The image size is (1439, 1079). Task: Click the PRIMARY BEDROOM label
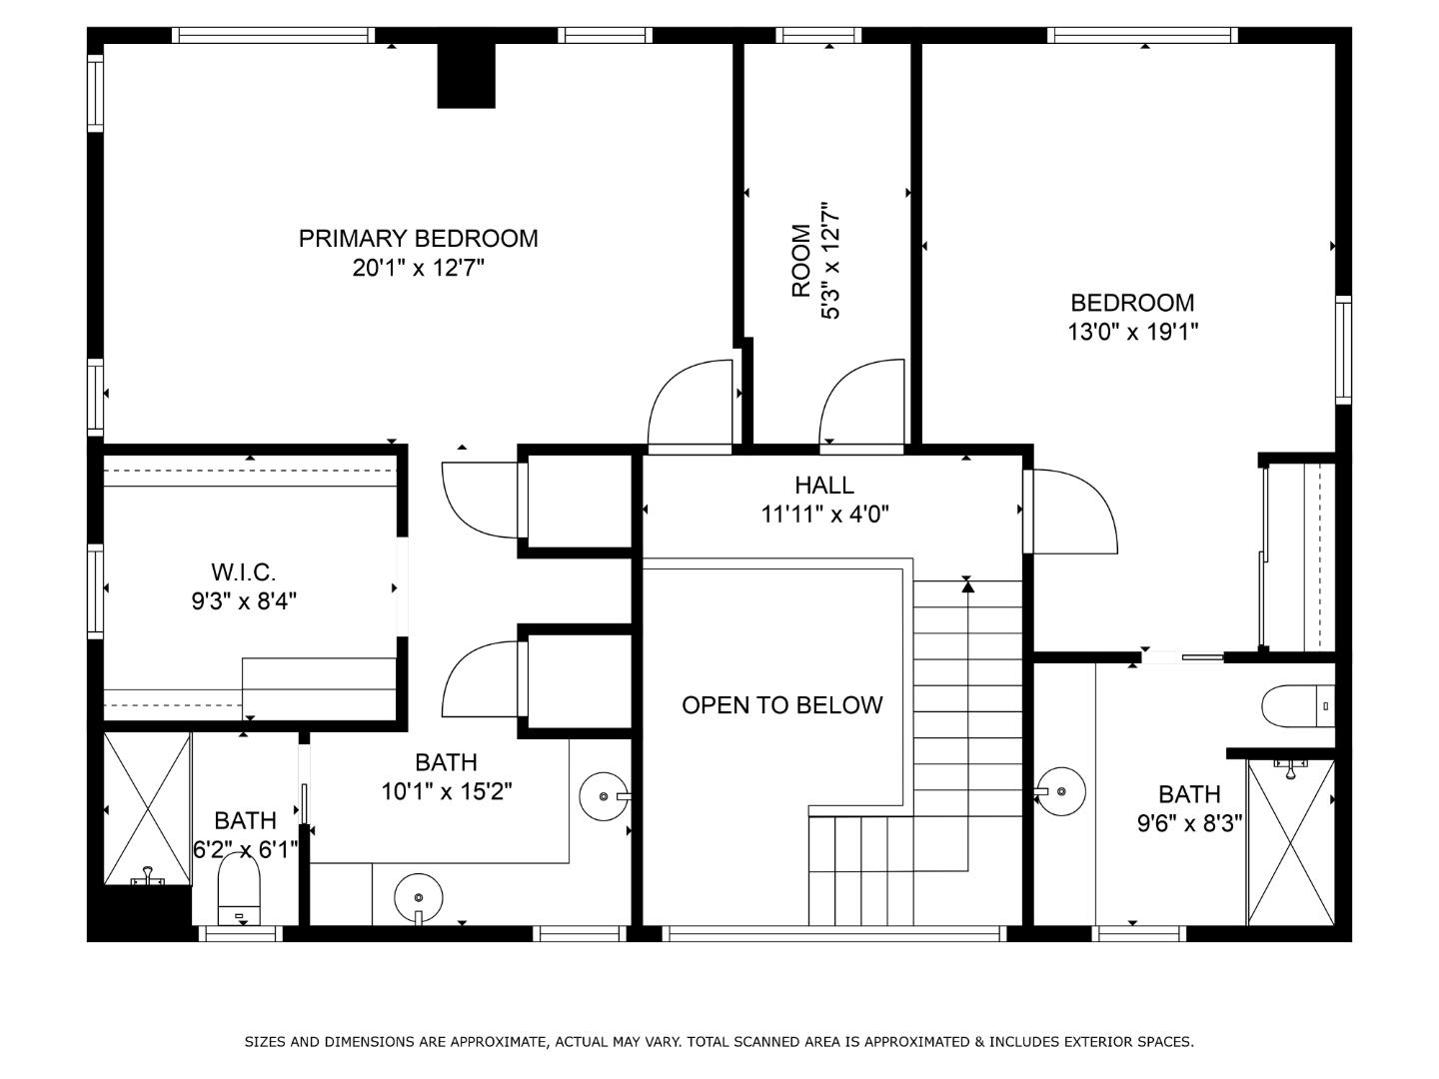(418, 239)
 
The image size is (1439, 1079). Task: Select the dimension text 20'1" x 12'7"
(418, 268)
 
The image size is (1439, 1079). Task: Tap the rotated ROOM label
(801, 261)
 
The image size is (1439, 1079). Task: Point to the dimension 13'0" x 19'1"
(1132, 332)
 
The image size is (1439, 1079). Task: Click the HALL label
(824, 486)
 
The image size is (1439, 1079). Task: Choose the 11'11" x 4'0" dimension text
(824, 515)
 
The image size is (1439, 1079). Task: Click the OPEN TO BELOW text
(781, 705)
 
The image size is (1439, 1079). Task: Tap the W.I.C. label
(243, 572)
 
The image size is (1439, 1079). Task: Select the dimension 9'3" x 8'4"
(244, 601)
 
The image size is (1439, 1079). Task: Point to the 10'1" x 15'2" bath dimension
(446, 792)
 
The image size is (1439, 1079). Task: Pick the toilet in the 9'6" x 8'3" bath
(1296, 706)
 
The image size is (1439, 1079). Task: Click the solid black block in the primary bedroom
(466, 76)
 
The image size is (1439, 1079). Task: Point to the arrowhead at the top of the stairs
(967, 587)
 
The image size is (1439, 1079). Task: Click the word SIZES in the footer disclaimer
(266, 1042)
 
